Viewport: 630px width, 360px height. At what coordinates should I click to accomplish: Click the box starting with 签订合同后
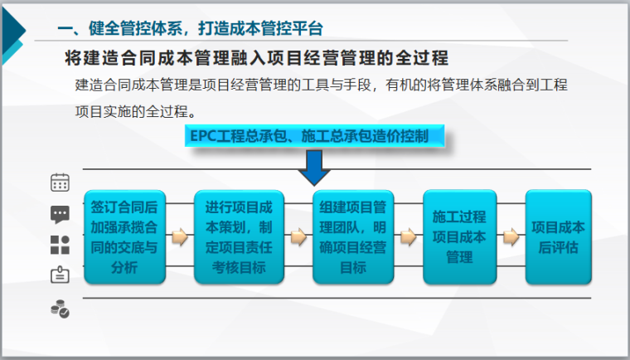point(125,236)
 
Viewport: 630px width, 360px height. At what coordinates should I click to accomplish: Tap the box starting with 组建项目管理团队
point(354,236)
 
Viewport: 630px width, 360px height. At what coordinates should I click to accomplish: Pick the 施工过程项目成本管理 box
point(459,236)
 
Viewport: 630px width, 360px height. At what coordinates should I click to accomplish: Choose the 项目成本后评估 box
point(558,236)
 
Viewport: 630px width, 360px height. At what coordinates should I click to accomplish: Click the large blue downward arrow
point(314,169)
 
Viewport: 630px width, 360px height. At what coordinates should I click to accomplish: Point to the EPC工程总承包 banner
point(315,136)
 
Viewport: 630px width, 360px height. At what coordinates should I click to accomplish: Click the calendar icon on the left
point(60,182)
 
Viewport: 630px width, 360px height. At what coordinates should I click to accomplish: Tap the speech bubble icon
point(60,214)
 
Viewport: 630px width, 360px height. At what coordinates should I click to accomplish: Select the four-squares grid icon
point(60,245)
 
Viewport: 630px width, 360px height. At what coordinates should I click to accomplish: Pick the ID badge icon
point(60,275)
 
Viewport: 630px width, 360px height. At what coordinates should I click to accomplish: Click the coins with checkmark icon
point(60,309)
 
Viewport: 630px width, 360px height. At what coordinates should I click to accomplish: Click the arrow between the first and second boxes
point(179,237)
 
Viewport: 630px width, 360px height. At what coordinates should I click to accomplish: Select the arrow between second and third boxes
point(297,237)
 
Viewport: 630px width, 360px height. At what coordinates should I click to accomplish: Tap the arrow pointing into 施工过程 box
point(408,237)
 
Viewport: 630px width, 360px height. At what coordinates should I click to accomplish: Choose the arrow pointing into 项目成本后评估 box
point(511,237)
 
